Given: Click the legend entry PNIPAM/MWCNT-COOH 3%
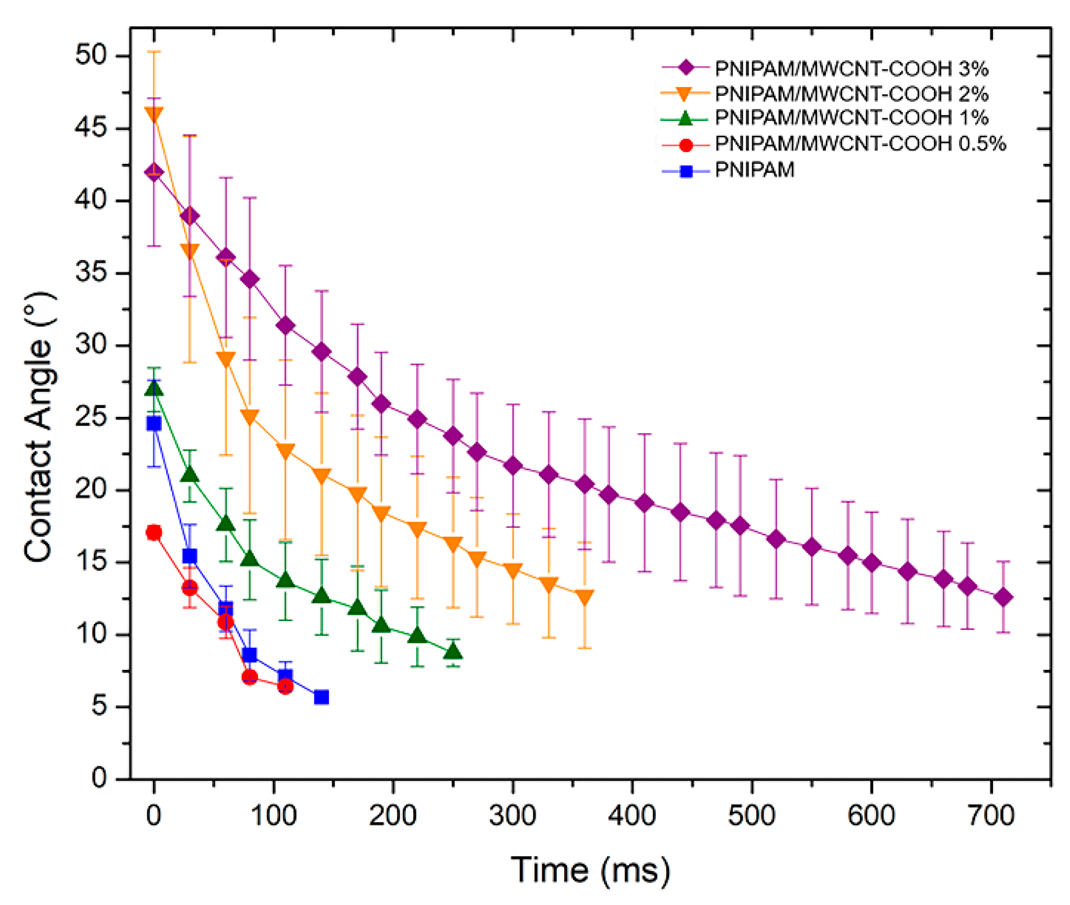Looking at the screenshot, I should click(851, 69).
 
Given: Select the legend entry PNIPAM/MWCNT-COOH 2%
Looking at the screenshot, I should click(851, 94).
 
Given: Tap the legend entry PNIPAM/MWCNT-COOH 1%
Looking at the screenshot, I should click(851, 117).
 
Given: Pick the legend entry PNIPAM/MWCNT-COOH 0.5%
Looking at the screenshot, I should click(859, 143).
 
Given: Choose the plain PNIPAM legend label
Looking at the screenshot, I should click(754, 170).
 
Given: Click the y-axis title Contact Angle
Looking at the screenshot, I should click(38, 427).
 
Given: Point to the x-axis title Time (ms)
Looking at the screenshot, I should click(590, 870).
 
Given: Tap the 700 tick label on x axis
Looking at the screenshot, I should click(991, 815).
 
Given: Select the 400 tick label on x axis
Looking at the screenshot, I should click(632, 815).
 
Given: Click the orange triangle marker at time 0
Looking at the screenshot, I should click(153, 114).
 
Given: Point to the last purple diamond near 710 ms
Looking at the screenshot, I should click(1003, 597).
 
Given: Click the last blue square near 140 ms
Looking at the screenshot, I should click(321, 697).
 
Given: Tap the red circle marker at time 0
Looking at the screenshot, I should click(153, 533).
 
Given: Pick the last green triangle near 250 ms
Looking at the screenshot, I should click(453, 652).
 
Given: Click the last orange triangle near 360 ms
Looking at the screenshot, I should click(584, 597).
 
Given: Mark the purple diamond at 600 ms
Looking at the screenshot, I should click(872, 563).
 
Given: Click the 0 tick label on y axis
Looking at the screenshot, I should click(99, 778).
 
